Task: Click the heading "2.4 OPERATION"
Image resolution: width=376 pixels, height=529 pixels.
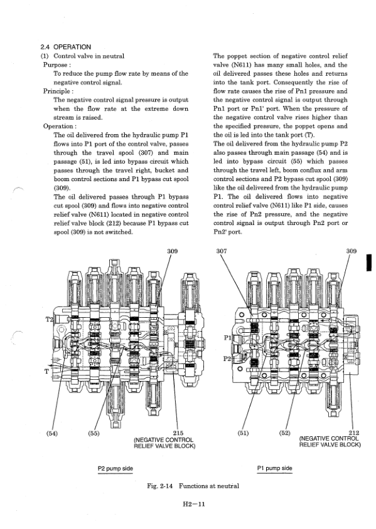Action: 65,47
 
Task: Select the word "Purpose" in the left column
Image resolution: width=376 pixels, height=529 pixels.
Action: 55,65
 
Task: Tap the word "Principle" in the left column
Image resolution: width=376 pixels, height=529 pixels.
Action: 56,91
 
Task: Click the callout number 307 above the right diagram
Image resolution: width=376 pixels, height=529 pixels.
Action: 222,251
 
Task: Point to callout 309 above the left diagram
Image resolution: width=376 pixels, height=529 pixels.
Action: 172,251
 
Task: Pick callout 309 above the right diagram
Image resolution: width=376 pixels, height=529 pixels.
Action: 352,251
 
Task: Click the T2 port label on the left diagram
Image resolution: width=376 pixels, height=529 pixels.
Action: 50,319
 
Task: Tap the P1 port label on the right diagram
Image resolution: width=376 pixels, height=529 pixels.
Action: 227,337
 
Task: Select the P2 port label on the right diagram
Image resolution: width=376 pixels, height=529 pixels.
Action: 227,359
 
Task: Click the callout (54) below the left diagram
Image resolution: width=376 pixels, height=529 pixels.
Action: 51,433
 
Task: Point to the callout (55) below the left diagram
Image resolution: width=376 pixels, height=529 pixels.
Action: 94,433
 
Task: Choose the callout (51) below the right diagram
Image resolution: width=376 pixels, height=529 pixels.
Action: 243,433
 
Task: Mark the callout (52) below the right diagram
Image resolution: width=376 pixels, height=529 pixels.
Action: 285,432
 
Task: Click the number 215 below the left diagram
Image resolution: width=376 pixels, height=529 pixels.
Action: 178,433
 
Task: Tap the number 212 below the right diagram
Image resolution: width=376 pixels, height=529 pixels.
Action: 353,432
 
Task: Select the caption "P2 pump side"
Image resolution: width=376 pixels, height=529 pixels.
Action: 115,468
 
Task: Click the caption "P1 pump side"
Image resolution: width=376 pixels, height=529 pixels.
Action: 274,468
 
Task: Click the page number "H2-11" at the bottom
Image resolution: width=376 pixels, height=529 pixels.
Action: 193,505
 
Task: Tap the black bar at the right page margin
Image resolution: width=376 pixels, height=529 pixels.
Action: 369,263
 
